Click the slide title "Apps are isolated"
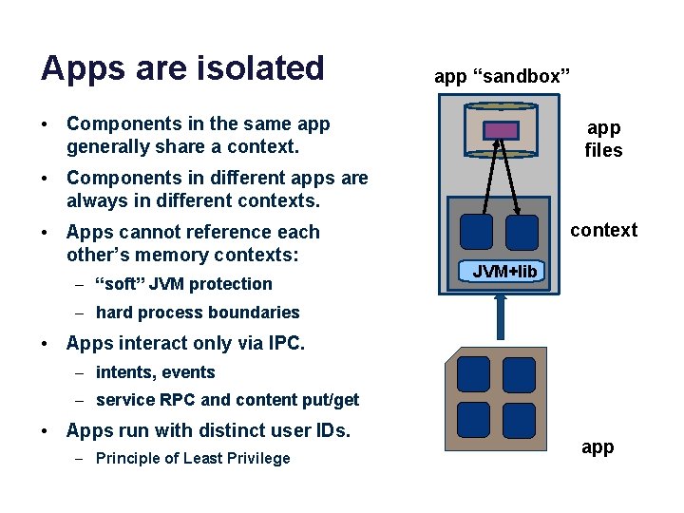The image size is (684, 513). coord(182,68)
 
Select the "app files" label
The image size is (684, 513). coord(603,139)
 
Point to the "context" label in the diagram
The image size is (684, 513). coord(603,230)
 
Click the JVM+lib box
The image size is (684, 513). coord(504,272)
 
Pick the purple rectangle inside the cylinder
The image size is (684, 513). coord(502,130)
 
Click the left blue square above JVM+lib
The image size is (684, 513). coord(476,232)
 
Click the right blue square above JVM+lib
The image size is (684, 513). coord(521,232)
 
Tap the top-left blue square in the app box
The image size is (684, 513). coord(472,373)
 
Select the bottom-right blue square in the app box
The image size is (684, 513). coord(519,419)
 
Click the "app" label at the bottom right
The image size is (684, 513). coord(598,447)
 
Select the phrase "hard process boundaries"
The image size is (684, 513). coord(198,313)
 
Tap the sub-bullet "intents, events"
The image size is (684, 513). coord(156,372)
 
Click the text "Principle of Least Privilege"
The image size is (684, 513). coord(193,459)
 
